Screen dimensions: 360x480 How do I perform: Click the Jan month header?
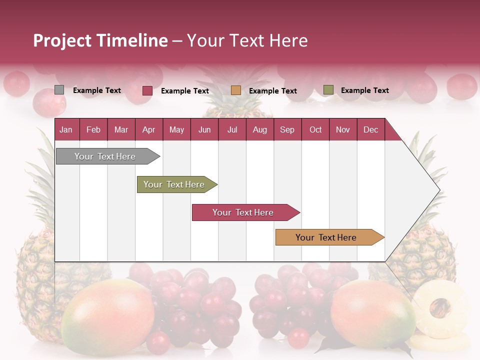[x=66, y=129]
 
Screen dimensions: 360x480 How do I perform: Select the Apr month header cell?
[x=148, y=129]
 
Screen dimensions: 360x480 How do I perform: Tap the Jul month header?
[x=232, y=129]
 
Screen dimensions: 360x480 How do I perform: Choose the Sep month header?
[x=287, y=129]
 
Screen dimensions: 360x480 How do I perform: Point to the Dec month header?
[x=370, y=129]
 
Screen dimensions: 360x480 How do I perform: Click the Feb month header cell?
[x=93, y=129]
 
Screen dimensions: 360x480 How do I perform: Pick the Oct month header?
[x=315, y=129]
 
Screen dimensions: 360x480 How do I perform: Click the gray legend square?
[x=59, y=90]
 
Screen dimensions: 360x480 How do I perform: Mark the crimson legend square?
[x=147, y=90]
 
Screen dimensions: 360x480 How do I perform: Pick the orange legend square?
[x=236, y=90]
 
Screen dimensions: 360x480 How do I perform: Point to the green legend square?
[x=328, y=90]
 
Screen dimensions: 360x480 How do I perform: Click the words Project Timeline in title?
[x=100, y=40]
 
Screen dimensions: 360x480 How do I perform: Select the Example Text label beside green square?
[x=364, y=90]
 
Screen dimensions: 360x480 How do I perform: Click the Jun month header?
[x=204, y=129]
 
